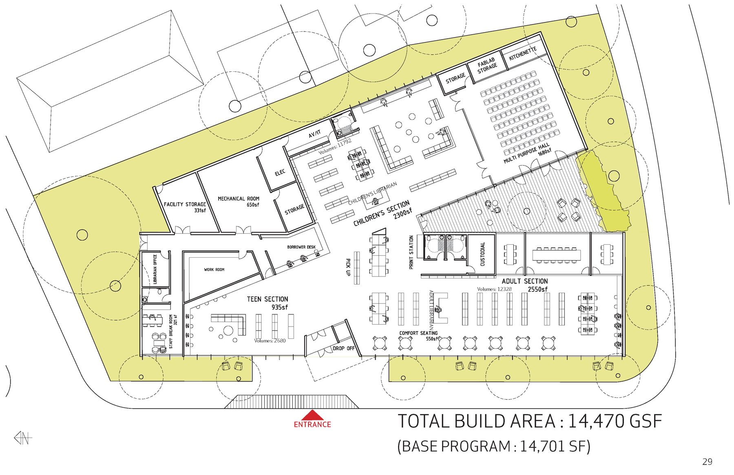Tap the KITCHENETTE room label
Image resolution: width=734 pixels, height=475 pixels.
click(x=523, y=54)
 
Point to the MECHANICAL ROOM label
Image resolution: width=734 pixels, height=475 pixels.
click(x=239, y=199)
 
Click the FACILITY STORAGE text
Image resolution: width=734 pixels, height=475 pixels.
click(x=185, y=204)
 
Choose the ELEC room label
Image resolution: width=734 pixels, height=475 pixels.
click(x=280, y=173)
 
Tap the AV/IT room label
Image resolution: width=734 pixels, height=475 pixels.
click(x=314, y=134)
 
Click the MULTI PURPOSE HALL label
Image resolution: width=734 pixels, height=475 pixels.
click(x=526, y=153)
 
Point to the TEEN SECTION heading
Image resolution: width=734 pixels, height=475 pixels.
click(x=268, y=299)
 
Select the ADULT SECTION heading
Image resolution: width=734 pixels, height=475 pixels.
click(x=525, y=281)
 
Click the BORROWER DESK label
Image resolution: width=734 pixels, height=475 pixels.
click(x=301, y=247)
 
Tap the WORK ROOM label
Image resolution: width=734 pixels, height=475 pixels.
click(x=214, y=270)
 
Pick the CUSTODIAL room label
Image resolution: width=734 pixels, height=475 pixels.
click(x=482, y=254)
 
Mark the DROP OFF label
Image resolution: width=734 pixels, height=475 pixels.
click(x=344, y=348)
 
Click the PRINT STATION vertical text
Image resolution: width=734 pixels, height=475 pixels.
click(x=411, y=252)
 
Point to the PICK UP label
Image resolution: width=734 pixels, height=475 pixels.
click(x=348, y=267)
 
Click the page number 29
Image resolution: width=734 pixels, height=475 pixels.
click(x=707, y=462)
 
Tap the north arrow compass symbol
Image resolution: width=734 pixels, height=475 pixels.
click(x=23, y=438)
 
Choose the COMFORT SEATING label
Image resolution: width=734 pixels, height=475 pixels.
click(x=418, y=333)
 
